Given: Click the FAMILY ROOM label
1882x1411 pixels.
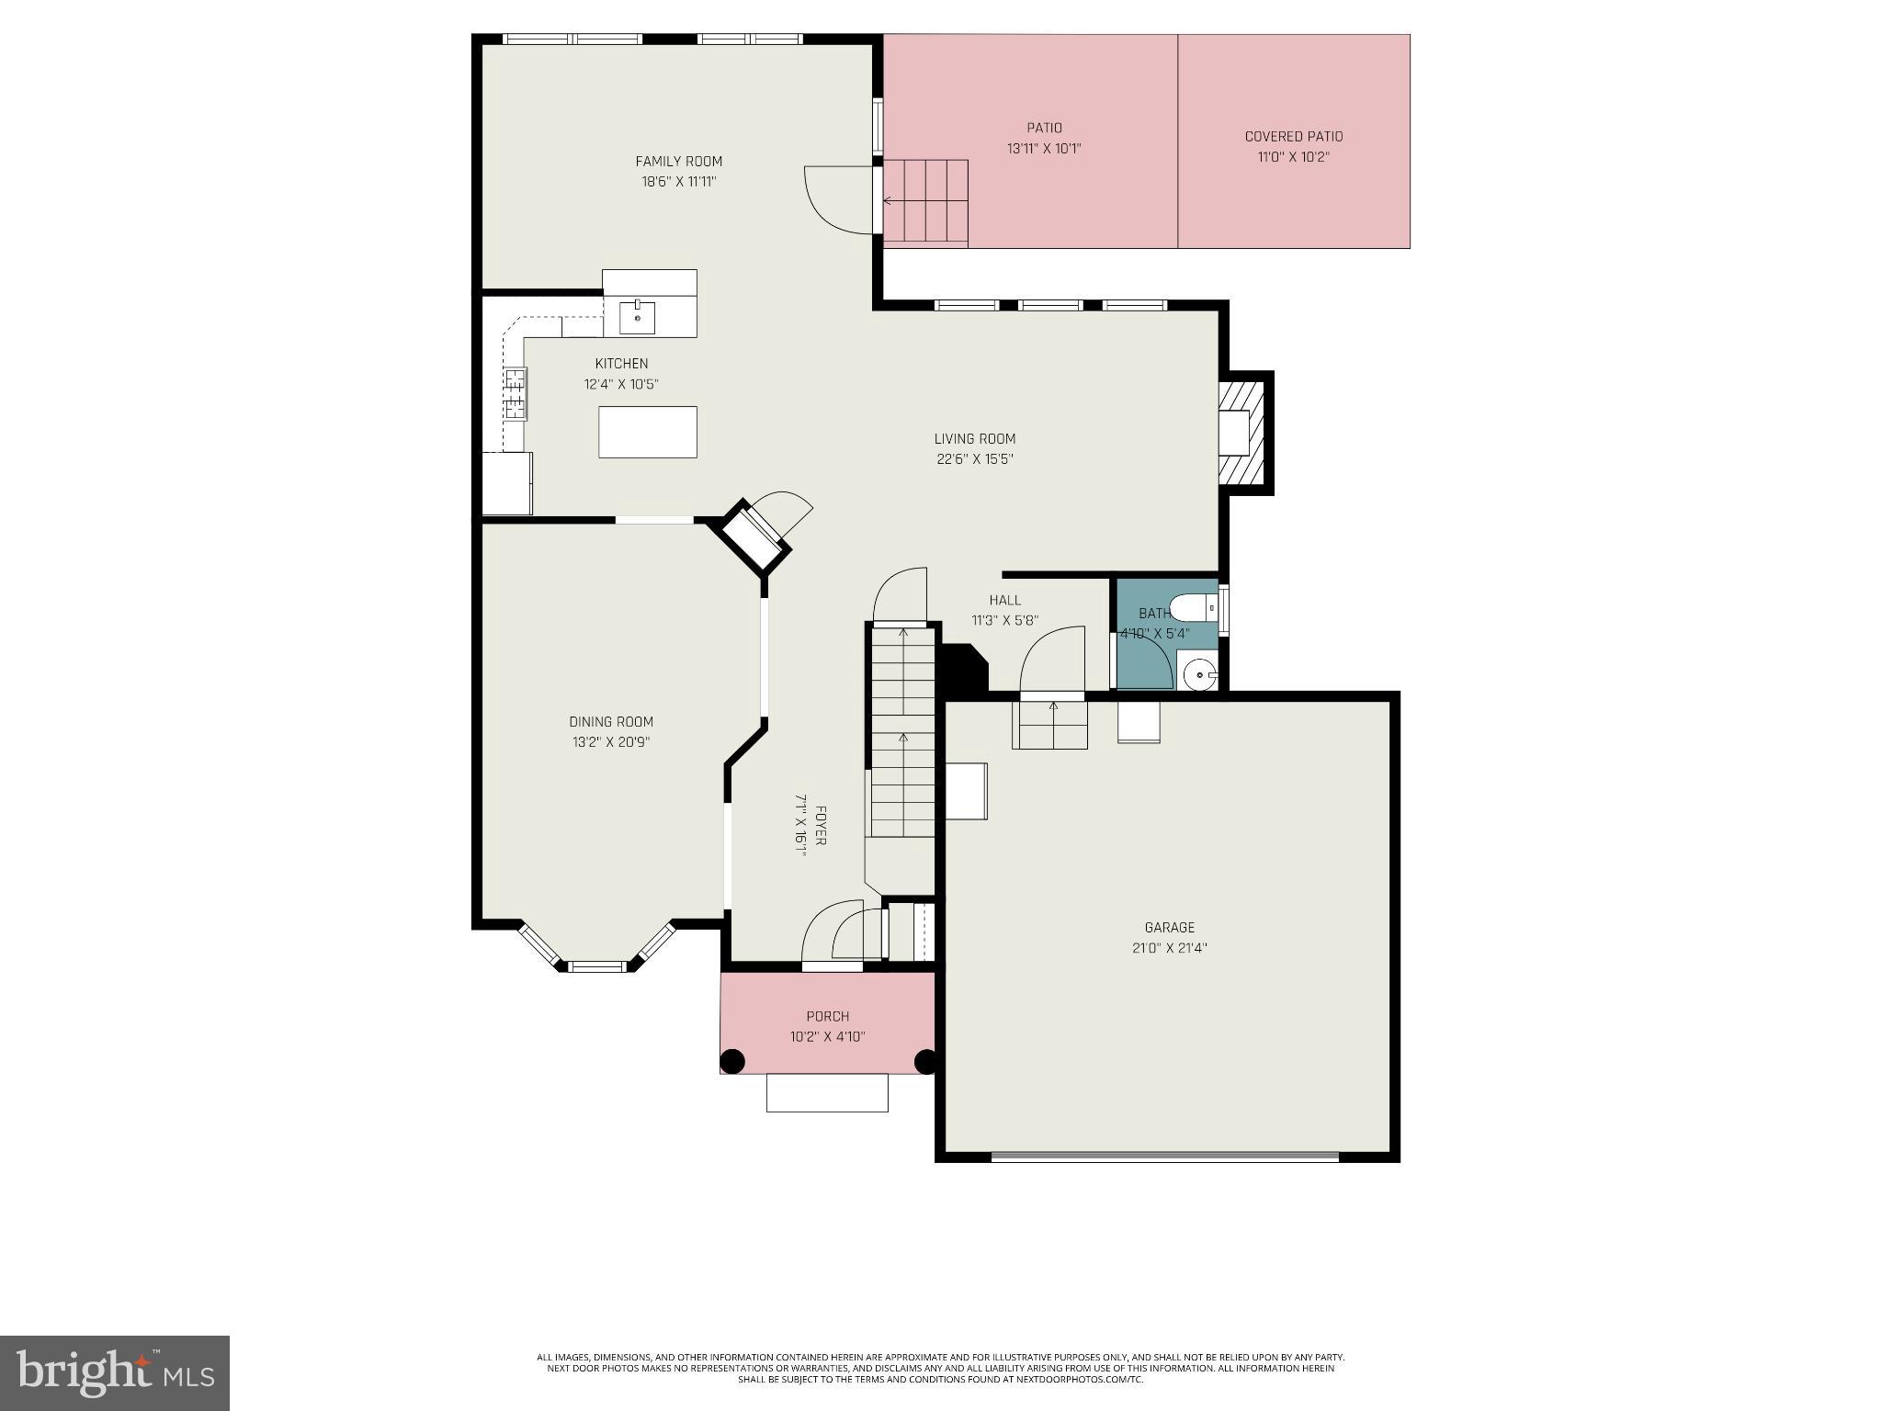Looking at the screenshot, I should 678,162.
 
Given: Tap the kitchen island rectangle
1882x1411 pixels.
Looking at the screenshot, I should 647,432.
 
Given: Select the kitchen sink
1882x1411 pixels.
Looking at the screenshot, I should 637,318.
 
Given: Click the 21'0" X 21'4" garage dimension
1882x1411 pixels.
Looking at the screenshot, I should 1169,948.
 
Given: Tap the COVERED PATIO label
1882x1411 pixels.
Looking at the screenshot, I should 1293,137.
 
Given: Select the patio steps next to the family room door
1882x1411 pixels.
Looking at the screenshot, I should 925,202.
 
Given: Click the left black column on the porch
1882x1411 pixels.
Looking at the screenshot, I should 731,1062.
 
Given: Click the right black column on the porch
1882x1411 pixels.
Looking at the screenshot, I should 925,1062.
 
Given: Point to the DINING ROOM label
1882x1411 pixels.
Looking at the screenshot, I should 610,722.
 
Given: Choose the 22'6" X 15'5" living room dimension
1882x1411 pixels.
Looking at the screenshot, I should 974,459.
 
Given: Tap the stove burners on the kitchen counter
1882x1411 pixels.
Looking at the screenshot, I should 516,392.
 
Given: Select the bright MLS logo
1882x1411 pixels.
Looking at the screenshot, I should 115,1372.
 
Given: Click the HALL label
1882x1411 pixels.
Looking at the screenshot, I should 1004,600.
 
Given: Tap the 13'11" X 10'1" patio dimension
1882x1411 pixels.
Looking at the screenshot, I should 1044,148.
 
